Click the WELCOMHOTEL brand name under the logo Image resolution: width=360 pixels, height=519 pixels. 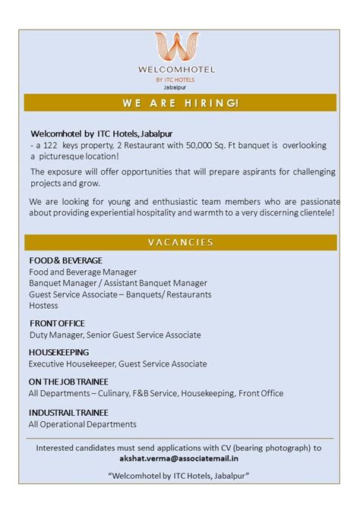tap(177, 70)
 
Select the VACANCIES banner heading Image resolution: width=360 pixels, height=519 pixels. tap(180, 242)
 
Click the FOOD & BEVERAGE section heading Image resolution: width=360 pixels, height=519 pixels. tap(65, 260)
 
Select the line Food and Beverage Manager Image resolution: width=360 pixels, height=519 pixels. tap(83, 272)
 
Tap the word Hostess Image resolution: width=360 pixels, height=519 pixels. tap(43, 305)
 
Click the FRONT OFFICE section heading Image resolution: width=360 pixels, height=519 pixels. tap(57, 323)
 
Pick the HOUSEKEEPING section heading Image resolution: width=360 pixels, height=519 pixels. tap(58, 352)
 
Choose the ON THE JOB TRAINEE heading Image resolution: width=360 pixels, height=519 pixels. tap(68, 382)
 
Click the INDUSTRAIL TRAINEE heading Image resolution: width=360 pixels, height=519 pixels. tap(68, 412)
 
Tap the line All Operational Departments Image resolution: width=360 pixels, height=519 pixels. tap(82, 424)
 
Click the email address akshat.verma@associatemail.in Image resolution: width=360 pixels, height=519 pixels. tap(180, 459)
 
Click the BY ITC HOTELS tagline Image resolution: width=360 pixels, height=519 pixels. tap(175, 79)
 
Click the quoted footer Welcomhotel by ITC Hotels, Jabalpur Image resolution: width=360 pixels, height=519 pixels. tap(180, 476)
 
